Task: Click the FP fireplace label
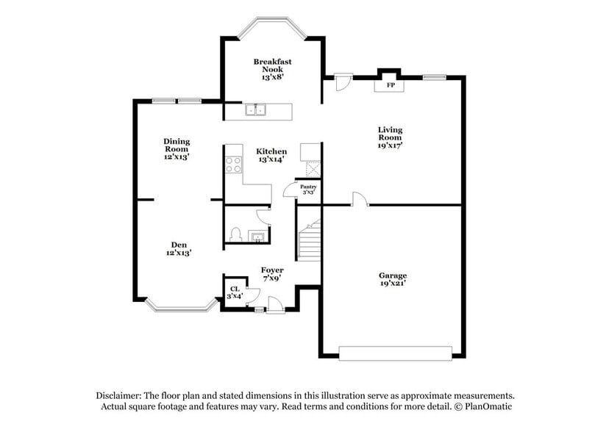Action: coord(391,86)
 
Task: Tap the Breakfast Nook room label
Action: coord(268,69)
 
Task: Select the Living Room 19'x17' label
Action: coord(390,137)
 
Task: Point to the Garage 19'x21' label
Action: coord(393,279)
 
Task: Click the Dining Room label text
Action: coord(177,148)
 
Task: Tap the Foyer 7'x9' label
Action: coord(273,274)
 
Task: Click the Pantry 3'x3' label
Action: coord(307,190)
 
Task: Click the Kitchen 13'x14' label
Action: coord(272,155)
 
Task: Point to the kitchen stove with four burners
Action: coord(234,164)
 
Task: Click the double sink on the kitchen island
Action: coord(256,111)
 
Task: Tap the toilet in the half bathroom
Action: coord(235,234)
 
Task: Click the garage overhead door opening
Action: coord(396,353)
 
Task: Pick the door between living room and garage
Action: coord(358,200)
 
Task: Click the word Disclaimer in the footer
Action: coord(118,395)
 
